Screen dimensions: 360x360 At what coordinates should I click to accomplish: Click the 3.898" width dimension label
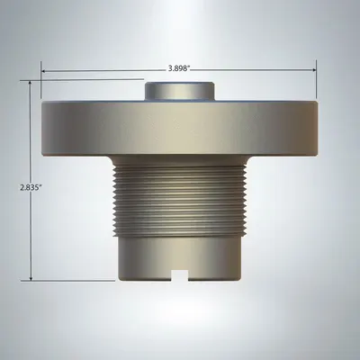179,68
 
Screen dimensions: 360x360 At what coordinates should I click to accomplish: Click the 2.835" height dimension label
31,188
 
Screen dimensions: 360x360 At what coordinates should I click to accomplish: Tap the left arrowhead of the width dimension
43,71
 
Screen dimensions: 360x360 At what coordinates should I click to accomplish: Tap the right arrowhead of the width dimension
314,70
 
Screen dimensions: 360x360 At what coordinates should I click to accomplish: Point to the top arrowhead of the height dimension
30,83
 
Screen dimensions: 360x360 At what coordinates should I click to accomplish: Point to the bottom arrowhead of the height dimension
31,278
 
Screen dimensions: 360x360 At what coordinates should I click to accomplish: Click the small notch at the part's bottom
179,275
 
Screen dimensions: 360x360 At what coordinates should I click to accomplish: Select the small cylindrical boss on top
180,91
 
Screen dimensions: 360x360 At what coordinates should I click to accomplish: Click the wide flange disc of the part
180,129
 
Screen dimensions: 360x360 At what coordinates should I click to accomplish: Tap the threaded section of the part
180,201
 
